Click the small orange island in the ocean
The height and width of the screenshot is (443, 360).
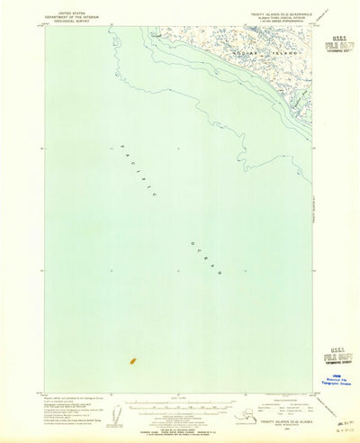tap(132, 361)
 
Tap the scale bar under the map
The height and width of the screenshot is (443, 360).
tap(179, 405)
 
